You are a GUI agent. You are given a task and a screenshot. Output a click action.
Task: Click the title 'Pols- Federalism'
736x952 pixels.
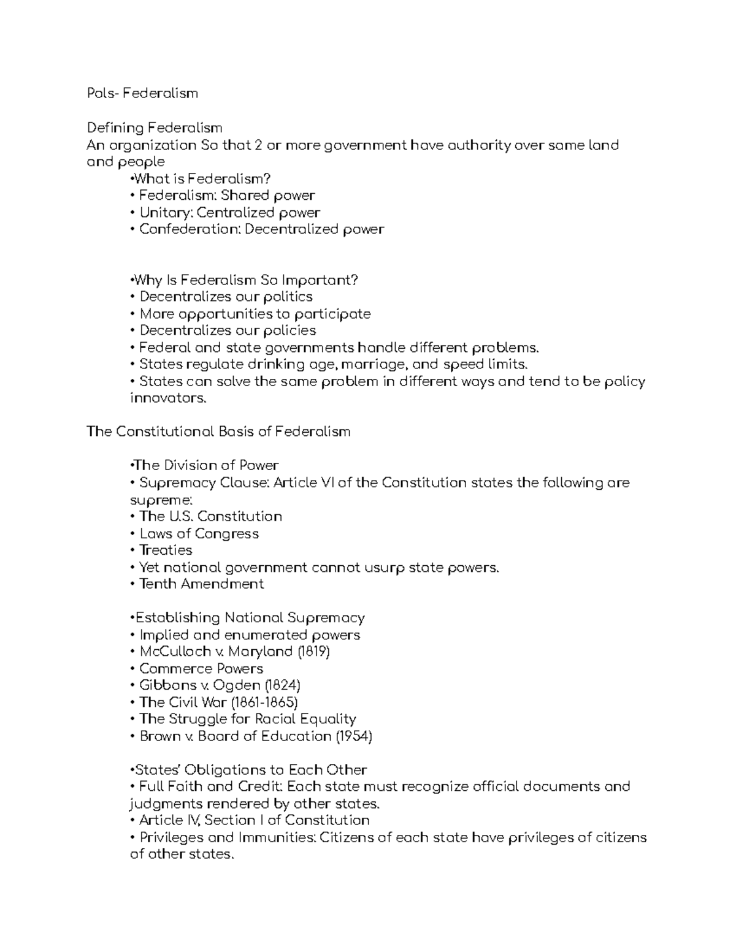pyautogui.click(x=142, y=93)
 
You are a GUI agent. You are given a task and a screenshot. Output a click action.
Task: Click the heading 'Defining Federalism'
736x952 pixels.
pyautogui.click(x=155, y=128)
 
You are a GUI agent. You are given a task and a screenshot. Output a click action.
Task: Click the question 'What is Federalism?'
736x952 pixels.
pyautogui.click(x=202, y=178)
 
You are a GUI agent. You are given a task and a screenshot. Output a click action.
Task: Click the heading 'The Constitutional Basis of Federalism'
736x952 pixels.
pyautogui.click(x=218, y=432)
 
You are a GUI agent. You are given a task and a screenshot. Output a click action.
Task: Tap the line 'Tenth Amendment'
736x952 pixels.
pyautogui.click(x=202, y=584)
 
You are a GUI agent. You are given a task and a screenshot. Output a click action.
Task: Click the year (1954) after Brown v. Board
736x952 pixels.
pyautogui.click(x=354, y=736)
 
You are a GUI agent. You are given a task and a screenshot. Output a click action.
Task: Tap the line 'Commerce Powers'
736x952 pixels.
pyautogui.click(x=201, y=668)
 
